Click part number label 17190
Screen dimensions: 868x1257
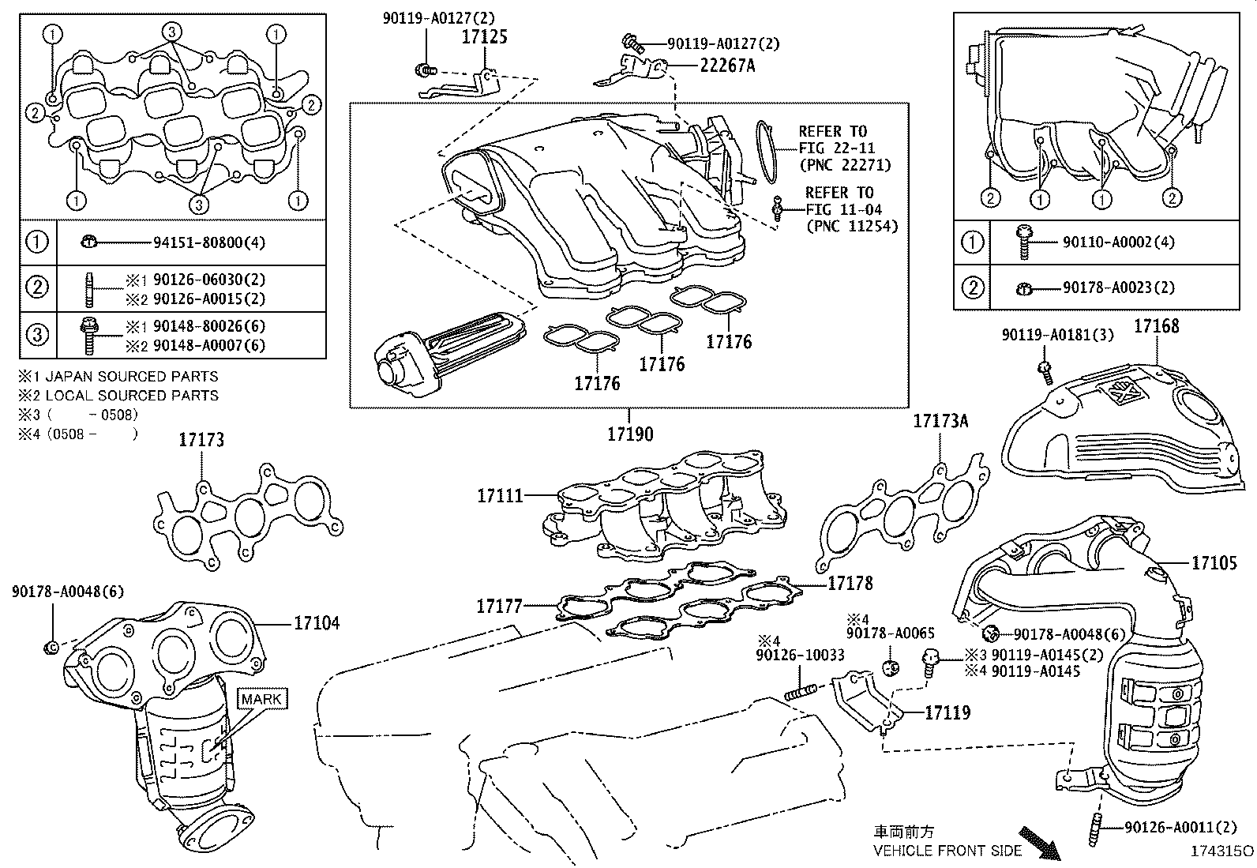(x=630, y=434)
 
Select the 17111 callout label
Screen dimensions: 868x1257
(x=500, y=496)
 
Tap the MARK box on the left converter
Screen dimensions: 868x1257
(x=261, y=699)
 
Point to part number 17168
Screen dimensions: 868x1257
(x=1157, y=325)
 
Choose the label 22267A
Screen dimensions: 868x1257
(x=727, y=66)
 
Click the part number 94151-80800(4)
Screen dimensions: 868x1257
(x=209, y=242)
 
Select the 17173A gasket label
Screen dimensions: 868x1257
(x=940, y=421)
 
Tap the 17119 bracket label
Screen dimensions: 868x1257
(x=947, y=712)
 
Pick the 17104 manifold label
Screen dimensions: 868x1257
(x=317, y=623)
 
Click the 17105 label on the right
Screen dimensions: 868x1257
(x=1214, y=562)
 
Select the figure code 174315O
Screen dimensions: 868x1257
(x=1222, y=851)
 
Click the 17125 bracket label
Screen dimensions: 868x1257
(x=484, y=37)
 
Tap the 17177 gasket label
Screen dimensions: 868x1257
(x=499, y=607)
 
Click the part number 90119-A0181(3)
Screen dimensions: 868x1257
(x=1058, y=335)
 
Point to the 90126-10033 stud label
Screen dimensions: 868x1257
(x=800, y=655)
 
